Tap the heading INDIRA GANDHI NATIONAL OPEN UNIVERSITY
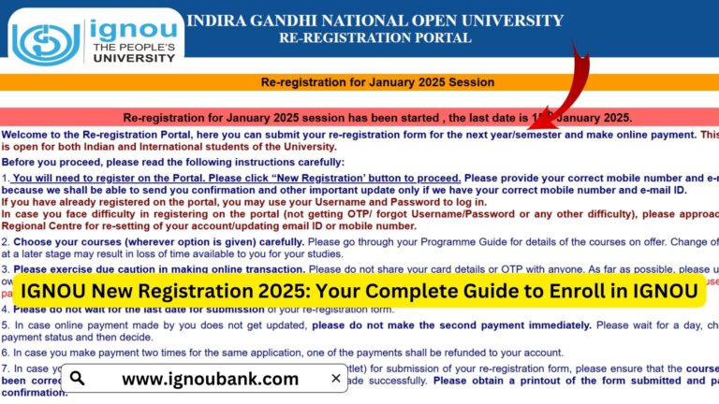click(374, 21)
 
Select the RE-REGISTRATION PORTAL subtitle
click(374, 38)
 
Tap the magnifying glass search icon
click(78, 379)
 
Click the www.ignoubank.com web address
click(210, 379)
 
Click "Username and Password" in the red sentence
click(375, 202)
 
